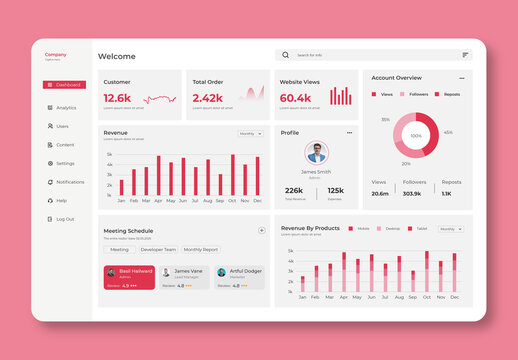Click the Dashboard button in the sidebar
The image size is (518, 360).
64,85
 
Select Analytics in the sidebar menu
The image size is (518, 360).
65,108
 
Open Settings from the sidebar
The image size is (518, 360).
64,163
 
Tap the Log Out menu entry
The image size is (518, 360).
64,219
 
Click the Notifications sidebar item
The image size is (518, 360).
69,182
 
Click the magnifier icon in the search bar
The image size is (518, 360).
286,55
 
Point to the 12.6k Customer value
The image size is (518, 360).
117,98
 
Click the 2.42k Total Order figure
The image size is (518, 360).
207,98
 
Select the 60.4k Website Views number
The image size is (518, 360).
296,98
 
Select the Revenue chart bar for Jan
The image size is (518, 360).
122,187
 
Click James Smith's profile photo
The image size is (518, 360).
316,153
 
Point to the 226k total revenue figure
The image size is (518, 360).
294,190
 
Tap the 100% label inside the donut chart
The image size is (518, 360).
416,135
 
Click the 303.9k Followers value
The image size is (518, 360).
412,193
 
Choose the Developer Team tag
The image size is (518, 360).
158,250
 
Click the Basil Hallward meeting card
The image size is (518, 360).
129,277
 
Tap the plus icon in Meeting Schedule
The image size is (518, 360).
262,230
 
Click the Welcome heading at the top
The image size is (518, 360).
117,56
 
